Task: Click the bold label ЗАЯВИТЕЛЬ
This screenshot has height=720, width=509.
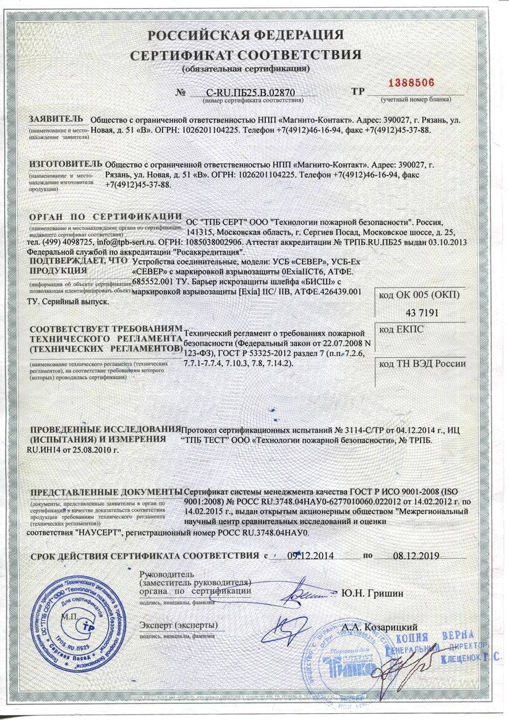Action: (x=55, y=119)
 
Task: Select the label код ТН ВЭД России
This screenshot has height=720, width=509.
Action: (x=422, y=364)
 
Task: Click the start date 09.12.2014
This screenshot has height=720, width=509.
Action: (x=310, y=555)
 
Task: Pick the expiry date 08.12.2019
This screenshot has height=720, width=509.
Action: (x=416, y=555)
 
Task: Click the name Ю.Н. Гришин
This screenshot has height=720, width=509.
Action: (x=372, y=593)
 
